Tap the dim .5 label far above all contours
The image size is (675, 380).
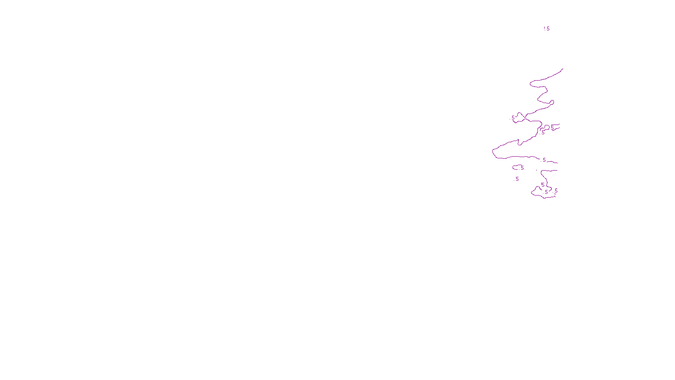547,29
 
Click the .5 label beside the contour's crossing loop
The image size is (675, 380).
513,118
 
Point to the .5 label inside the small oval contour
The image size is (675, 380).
522,168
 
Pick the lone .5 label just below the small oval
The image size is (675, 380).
517,179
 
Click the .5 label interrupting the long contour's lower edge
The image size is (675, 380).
544,160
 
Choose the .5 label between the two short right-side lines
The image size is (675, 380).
552,128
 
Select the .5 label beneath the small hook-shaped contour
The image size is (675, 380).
543,133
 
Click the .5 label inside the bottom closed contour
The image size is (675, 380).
546,192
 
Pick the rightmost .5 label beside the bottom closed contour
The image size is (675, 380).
556,191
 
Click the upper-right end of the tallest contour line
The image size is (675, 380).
563,69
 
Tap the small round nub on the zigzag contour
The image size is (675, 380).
552,102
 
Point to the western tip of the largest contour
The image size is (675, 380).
493,151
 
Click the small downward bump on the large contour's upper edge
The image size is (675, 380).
519,144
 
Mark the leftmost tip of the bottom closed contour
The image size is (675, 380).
532,193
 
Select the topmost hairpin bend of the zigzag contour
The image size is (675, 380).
531,83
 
